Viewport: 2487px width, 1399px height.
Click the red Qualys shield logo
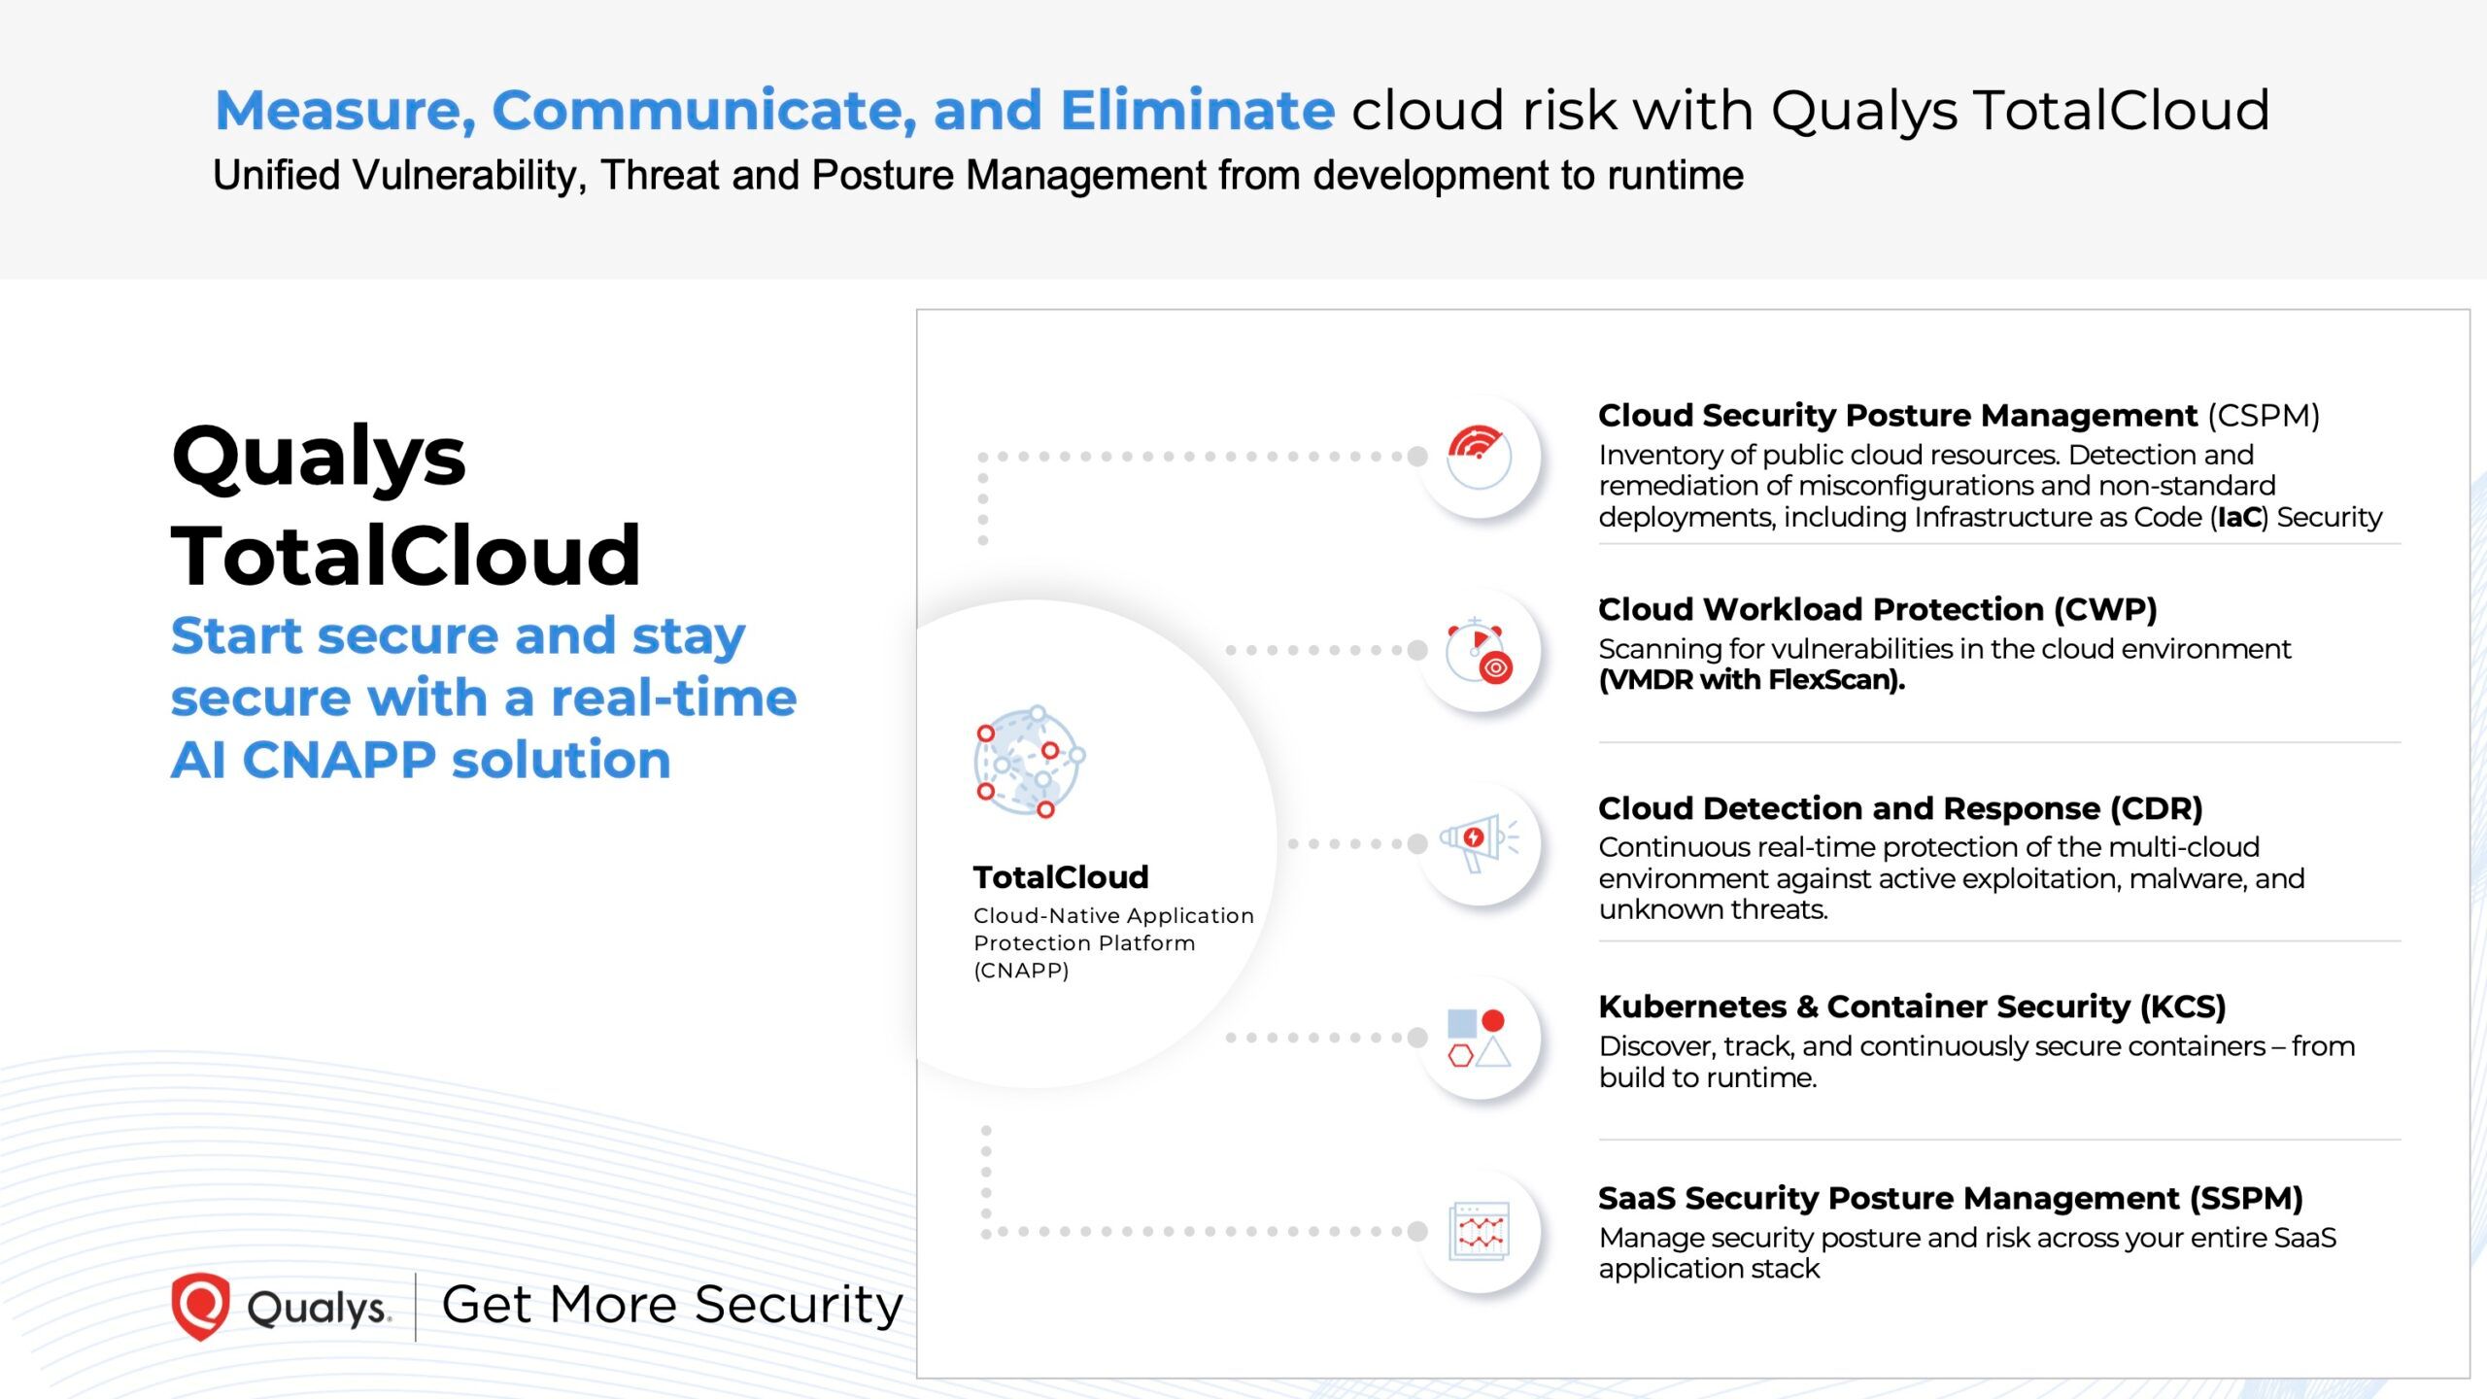200,1306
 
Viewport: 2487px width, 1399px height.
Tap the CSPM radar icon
1478,456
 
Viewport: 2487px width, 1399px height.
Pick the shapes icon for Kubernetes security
1478,1038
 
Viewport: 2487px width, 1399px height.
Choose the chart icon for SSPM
1478,1231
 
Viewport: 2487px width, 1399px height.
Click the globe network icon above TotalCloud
1028,763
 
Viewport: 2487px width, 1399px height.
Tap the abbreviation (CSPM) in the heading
2263,416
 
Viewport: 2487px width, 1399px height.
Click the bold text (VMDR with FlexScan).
1751,680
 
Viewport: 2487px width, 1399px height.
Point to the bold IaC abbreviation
2238,518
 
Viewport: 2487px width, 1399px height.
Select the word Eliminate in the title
1197,110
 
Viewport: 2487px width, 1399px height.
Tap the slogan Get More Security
672,1305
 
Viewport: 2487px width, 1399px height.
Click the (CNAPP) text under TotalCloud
1021,971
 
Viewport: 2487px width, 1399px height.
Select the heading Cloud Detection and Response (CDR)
1899,808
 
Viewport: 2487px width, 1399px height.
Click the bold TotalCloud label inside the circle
1060,877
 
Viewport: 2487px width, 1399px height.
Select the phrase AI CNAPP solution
421,760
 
